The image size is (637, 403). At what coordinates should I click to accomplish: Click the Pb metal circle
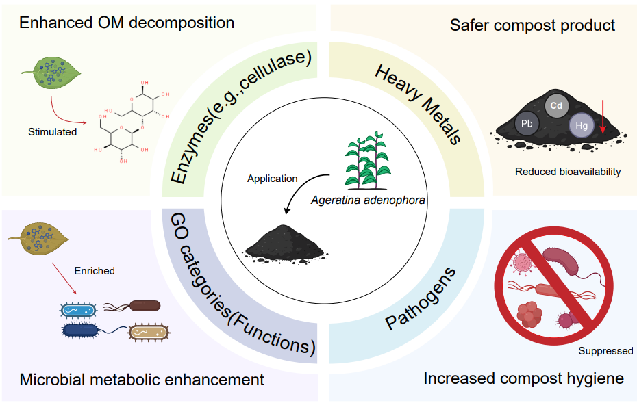click(x=527, y=124)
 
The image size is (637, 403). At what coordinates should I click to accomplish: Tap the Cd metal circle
click(x=556, y=105)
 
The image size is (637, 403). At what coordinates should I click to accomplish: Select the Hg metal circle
click(x=581, y=126)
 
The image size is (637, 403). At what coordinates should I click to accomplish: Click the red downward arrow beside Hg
click(x=603, y=116)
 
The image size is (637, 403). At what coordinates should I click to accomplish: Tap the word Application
click(x=272, y=179)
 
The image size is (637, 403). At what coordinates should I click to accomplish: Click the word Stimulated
click(x=52, y=131)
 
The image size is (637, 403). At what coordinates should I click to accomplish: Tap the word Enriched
click(x=95, y=271)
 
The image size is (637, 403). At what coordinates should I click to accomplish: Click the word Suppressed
click(x=605, y=351)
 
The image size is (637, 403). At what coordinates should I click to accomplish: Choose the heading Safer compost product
click(x=532, y=25)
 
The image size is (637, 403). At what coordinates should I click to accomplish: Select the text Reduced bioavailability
click(x=568, y=172)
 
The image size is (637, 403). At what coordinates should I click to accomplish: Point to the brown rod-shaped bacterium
click(x=145, y=305)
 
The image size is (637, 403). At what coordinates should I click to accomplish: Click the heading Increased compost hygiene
click(x=523, y=378)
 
